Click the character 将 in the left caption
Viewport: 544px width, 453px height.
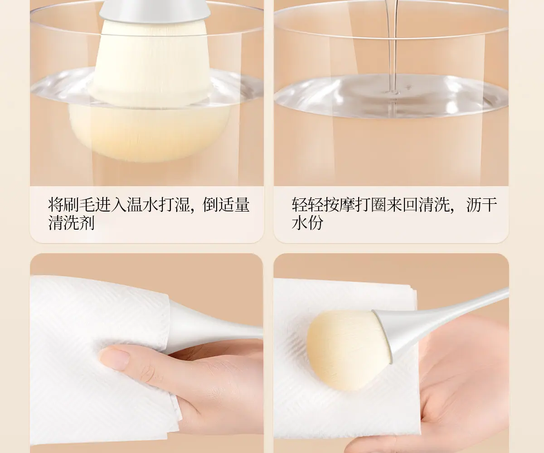55,205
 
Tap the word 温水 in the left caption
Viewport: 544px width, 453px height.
142,205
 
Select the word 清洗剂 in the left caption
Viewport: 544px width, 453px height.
71,223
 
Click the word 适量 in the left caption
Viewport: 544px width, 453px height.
234,205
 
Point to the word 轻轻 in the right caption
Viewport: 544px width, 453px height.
307,205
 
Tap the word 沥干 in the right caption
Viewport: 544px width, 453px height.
481,205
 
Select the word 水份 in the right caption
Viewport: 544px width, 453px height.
307,223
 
